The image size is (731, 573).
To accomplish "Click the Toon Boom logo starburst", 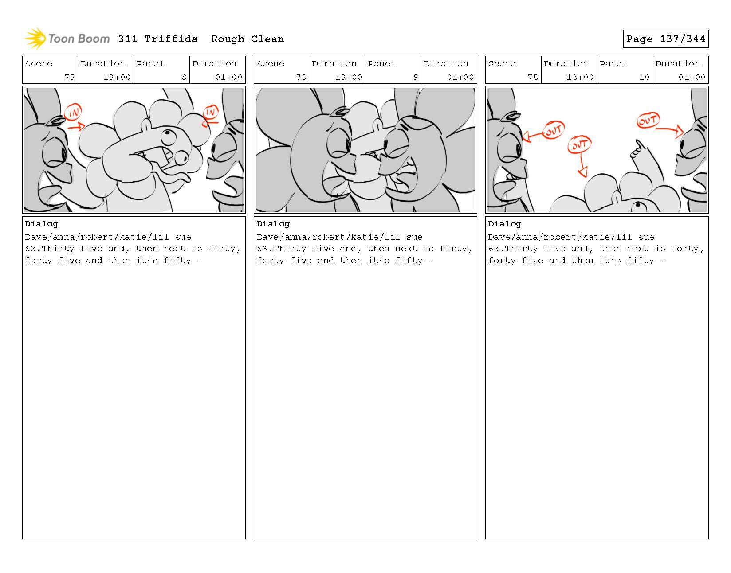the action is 35,39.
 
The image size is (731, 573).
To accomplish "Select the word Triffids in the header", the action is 171,39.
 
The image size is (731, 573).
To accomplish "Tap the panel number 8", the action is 184,77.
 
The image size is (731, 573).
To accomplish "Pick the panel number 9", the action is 416,77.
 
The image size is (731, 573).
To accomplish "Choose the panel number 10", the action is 644,77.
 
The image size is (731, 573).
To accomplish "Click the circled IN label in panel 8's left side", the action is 73,112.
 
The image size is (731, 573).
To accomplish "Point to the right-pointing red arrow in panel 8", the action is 76,127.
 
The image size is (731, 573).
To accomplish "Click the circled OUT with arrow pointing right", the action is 648,120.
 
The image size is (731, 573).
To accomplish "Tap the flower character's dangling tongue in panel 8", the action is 172,176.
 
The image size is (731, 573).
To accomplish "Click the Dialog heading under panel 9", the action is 273,224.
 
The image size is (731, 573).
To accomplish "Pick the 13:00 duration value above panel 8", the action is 117,77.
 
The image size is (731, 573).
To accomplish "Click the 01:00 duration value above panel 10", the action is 692,77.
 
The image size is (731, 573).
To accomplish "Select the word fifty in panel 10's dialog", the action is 641,261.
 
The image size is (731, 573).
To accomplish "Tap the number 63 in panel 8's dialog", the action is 30,249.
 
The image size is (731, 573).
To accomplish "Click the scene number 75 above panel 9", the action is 301,77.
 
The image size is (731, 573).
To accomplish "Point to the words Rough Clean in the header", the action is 247,39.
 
